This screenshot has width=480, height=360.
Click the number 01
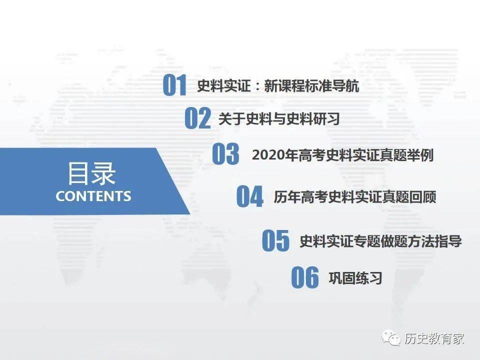pyautogui.click(x=174, y=85)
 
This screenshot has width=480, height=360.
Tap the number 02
pyautogui.click(x=198, y=117)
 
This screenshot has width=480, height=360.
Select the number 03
pyautogui.click(x=225, y=153)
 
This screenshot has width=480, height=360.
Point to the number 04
pyautogui.click(x=250, y=196)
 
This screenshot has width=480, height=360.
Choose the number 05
pyautogui.click(x=275, y=240)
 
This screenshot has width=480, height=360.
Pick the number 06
pyautogui.click(x=305, y=277)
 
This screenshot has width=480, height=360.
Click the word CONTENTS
pyautogui.click(x=93, y=196)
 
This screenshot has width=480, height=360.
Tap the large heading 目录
pyautogui.click(x=91, y=173)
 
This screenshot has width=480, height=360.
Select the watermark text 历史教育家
pyautogui.click(x=434, y=338)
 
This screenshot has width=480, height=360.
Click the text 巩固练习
pyautogui.click(x=355, y=278)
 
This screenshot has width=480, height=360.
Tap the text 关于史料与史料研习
pyautogui.click(x=279, y=118)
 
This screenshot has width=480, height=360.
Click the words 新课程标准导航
pyautogui.click(x=311, y=85)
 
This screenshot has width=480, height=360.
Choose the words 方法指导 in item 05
pyautogui.click(x=434, y=241)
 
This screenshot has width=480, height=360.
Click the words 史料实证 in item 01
pyautogui.click(x=224, y=85)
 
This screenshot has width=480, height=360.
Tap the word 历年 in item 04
pyautogui.click(x=287, y=197)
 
